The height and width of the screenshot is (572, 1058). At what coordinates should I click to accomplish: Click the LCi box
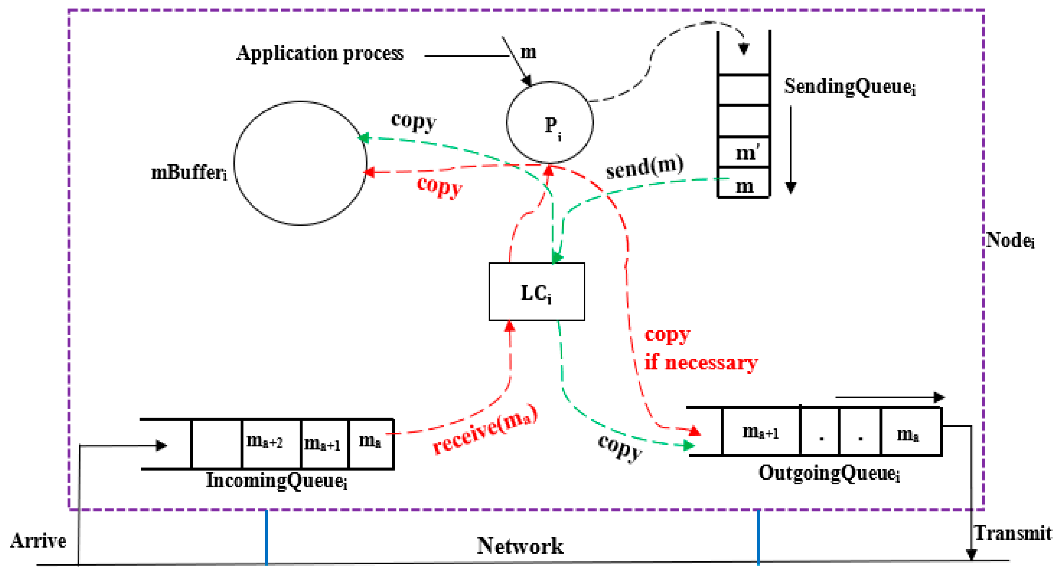tap(536, 292)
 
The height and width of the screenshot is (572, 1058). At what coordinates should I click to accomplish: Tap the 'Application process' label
tap(320, 53)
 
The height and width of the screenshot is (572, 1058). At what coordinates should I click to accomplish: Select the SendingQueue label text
tap(850, 87)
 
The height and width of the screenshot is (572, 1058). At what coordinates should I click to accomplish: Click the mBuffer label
tap(189, 172)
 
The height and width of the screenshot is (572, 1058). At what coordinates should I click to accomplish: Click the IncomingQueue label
tap(276, 480)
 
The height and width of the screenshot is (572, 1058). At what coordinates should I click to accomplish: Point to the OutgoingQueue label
tap(829, 473)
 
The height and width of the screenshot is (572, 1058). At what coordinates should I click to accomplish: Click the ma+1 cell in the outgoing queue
tap(761, 431)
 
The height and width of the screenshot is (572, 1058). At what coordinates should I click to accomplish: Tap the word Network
tap(520, 546)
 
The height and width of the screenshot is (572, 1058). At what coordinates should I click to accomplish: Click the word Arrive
tap(38, 541)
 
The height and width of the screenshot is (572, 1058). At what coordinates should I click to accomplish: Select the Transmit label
tap(1013, 533)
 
